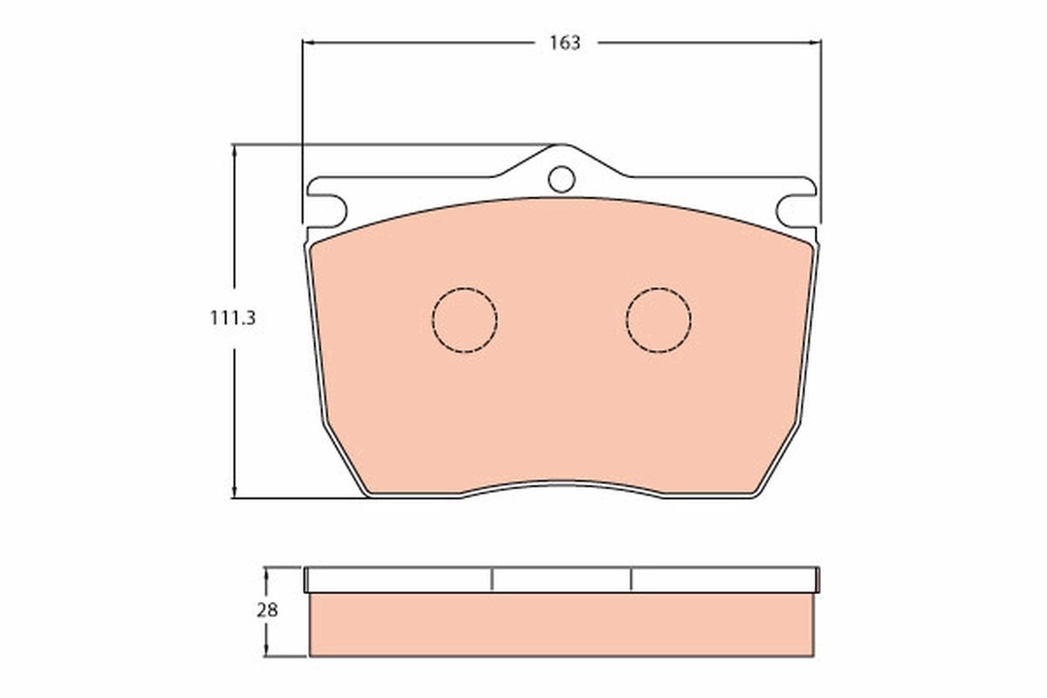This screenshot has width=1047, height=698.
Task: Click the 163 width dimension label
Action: coord(565,43)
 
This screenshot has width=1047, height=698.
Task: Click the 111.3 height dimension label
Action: coord(232,318)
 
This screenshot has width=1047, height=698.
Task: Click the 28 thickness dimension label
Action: coord(267,611)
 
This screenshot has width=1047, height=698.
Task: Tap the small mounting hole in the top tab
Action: coord(561,179)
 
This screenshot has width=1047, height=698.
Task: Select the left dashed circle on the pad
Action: coord(464,319)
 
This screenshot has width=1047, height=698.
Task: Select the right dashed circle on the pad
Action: coord(659,319)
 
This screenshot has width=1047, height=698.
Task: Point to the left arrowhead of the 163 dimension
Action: coord(307,42)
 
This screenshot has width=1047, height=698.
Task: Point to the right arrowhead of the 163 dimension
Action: coord(816,42)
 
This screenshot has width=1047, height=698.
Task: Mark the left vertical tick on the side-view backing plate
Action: coord(492,579)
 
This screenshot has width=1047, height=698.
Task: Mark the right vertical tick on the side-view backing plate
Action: coord(631,579)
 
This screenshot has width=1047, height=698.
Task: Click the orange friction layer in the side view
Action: coord(561,625)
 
